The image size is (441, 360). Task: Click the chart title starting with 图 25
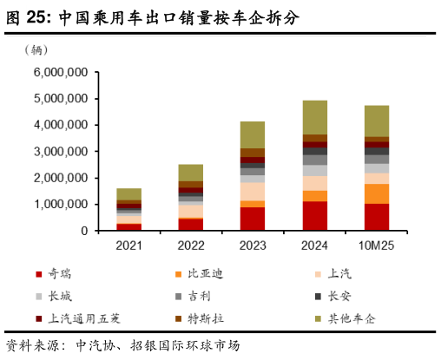pyautogui.click(x=152, y=17)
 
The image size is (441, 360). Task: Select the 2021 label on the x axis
pyautogui.click(x=129, y=245)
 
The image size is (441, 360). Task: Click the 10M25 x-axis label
pyautogui.click(x=377, y=245)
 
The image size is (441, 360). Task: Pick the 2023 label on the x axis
pyautogui.click(x=253, y=245)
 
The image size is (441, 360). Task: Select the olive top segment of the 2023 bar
pyautogui.click(x=253, y=134)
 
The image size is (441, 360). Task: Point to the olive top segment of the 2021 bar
pyautogui.click(x=129, y=194)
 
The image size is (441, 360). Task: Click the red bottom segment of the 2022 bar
pyautogui.click(x=191, y=225)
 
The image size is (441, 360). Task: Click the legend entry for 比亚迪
pyautogui.click(x=201, y=274)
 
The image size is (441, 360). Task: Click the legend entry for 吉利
pyautogui.click(x=195, y=297)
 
